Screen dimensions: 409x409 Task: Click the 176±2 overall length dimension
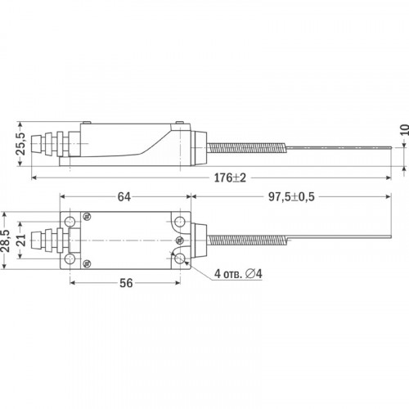[230, 178]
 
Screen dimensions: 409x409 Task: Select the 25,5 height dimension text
[21, 144]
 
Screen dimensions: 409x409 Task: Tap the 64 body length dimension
[124, 197]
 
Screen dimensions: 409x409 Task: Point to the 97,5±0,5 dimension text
[291, 197]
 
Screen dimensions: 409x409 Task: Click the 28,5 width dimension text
[5, 240]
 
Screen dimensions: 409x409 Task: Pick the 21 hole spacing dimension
[21, 240]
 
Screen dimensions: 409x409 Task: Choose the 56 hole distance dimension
[126, 283]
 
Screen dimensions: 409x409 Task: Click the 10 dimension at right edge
[405, 130]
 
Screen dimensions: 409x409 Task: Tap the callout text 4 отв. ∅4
[238, 274]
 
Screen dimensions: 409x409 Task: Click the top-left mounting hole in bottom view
[70, 221]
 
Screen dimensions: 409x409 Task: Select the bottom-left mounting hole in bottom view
[70, 258]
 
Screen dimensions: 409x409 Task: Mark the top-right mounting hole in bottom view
[180, 221]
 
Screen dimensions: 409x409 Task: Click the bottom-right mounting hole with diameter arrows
[180, 258]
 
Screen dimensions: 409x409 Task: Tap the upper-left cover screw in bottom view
[88, 217]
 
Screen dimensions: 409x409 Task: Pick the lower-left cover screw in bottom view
[87, 263]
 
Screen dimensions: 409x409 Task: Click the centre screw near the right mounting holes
[180, 240]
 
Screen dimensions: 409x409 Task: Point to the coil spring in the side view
[247, 148]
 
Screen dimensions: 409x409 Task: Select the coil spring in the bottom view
[247, 240]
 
